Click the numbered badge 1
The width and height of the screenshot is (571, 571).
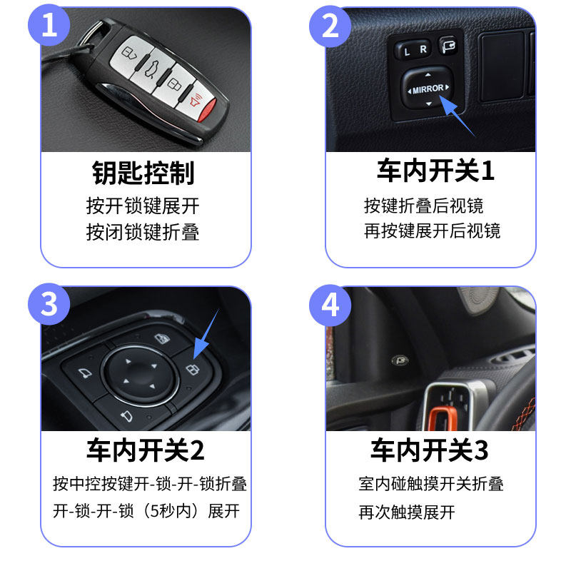tap(49, 26)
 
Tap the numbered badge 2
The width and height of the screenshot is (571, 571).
tap(330, 26)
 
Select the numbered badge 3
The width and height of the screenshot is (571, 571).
tap(49, 305)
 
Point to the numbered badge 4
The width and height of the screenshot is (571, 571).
tap(330, 305)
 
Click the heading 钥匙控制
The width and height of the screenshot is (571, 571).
tap(143, 173)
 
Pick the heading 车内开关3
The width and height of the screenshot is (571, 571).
tap(429, 450)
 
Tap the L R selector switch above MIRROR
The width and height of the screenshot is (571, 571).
tap(415, 51)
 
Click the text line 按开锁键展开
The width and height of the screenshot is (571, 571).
tap(143, 207)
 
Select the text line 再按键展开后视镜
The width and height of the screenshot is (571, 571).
tap(433, 231)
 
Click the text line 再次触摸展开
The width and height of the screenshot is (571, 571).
tap(406, 512)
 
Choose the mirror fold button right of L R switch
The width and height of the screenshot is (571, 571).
tap(449, 47)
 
